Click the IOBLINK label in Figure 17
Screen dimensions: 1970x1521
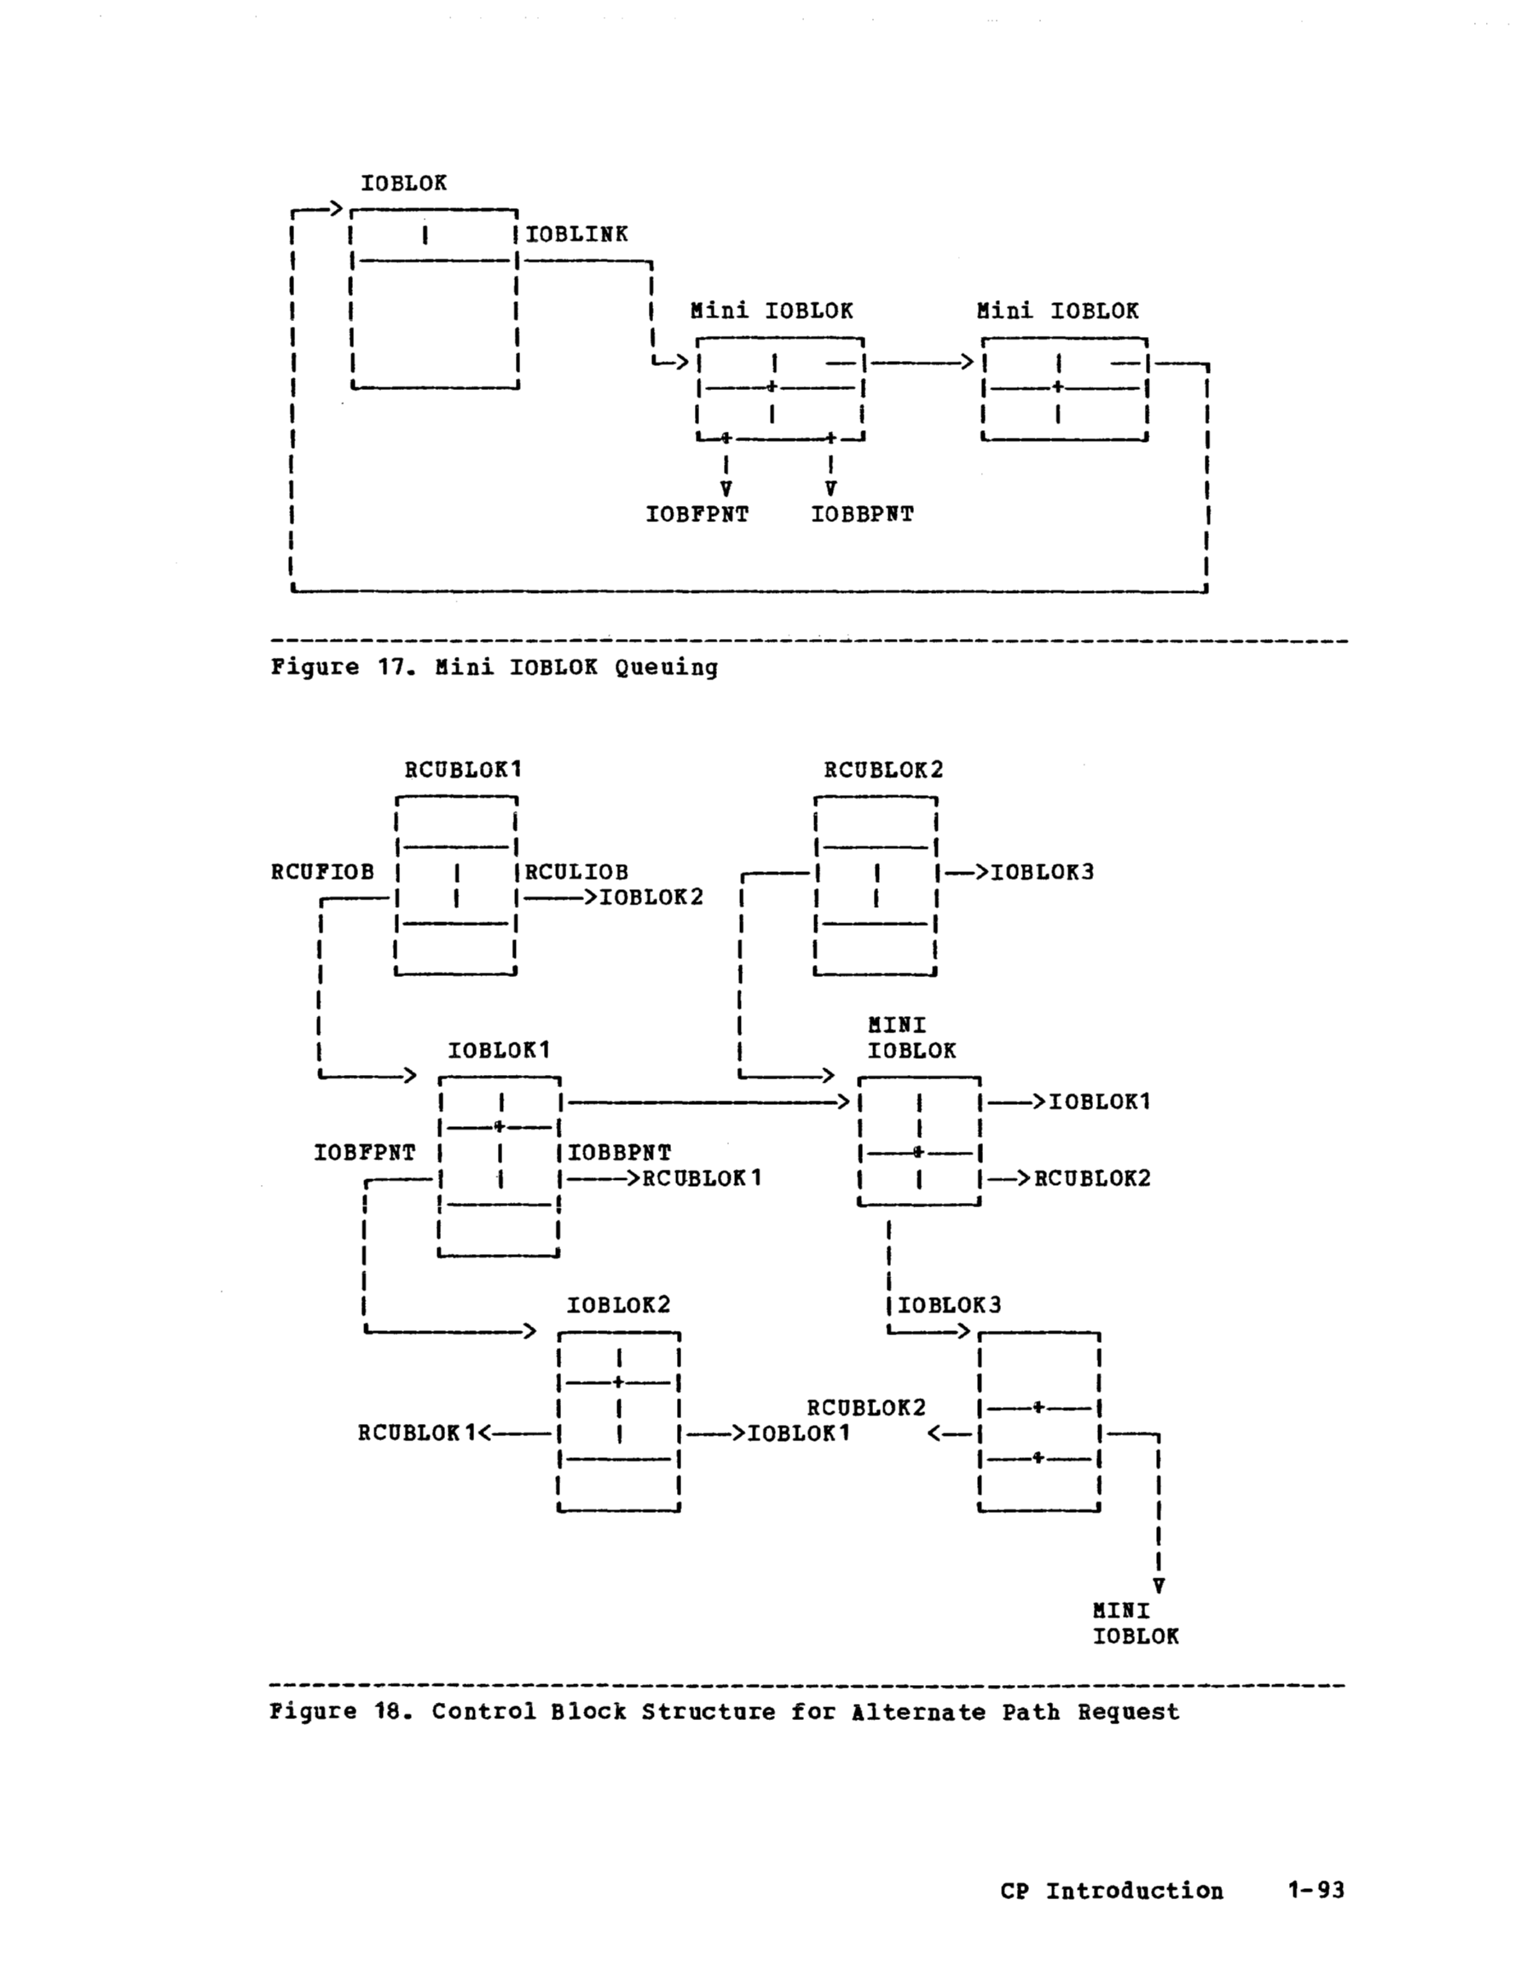pos(577,235)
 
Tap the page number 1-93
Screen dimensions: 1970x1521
pos(1316,1891)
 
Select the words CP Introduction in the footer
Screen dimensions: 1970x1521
pos(1111,1891)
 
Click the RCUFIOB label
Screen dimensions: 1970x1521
pos(322,872)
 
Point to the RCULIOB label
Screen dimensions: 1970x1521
pos(577,872)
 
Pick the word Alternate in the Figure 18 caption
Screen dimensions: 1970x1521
pos(918,1712)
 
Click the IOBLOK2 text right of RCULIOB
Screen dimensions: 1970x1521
pos(652,898)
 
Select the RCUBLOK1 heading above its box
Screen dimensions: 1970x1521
pos(462,770)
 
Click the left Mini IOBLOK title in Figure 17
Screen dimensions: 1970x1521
pos(771,311)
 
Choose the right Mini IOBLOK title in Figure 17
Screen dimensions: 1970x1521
pos(1056,311)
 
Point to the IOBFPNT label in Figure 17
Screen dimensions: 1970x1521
pos(697,515)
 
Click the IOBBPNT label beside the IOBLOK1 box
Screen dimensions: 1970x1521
pos(620,1153)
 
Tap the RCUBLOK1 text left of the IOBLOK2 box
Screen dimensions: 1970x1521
pos(416,1433)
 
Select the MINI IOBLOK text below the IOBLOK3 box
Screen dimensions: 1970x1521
pos(1135,1624)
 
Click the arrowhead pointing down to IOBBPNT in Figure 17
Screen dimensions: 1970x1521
pos(830,489)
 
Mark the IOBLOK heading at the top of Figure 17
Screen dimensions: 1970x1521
pos(404,183)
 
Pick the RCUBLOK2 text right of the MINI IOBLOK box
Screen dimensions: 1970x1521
pos(1092,1179)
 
